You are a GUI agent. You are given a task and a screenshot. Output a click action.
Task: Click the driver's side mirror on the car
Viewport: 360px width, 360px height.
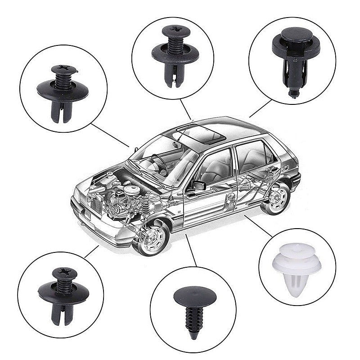[x=198, y=185]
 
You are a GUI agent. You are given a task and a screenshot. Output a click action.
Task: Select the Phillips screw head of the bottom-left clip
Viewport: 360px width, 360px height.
[x=65, y=273]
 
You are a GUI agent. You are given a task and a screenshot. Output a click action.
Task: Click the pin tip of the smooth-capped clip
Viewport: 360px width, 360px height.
[x=293, y=94]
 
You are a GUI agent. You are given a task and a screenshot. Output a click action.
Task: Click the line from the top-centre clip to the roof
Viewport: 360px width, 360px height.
[x=185, y=109]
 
